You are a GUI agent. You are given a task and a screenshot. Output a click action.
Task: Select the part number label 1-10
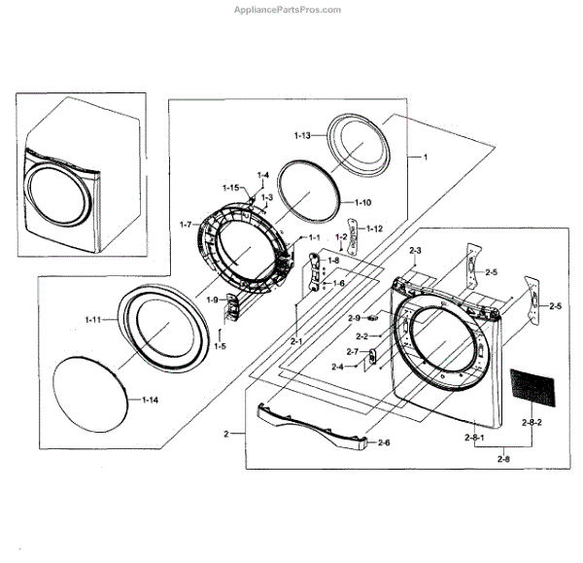361,202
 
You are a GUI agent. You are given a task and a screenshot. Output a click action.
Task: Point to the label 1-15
230,187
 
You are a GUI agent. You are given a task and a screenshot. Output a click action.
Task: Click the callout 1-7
189,226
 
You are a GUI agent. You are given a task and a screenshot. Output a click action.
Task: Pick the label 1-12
373,228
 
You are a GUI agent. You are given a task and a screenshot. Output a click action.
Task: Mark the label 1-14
151,400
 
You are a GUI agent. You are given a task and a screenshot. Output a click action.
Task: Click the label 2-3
415,252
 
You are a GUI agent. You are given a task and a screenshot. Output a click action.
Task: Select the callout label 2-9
355,318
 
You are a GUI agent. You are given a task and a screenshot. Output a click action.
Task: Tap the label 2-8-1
475,440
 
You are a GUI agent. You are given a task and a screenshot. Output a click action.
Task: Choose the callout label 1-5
221,347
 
